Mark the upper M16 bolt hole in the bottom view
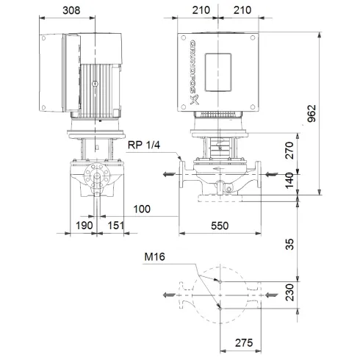point(219,281)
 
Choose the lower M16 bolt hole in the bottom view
point(219,308)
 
